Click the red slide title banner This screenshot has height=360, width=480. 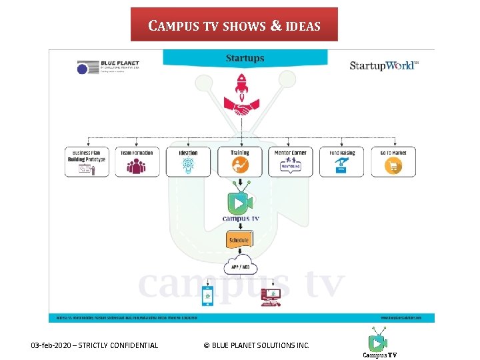[234, 25]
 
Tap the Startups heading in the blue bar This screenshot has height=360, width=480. [245, 59]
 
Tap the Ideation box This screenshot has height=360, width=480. [188, 161]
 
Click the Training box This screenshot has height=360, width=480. [239, 161]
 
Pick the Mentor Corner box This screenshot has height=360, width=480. [291, 161]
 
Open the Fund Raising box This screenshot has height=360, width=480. [342, 161]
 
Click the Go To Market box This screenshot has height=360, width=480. [393, 161]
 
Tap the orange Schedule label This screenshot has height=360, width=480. [239, 240]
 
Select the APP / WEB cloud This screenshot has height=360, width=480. [240, 266]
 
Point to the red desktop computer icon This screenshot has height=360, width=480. [270, 296]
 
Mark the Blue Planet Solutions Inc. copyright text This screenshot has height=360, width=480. [256, 345]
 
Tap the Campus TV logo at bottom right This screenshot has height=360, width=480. [379, 343]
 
